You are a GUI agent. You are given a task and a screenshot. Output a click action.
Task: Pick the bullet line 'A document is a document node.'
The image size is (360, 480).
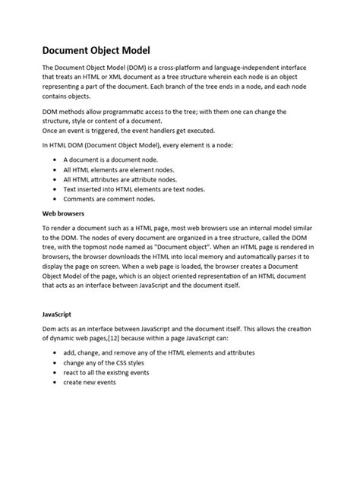click(111, 161)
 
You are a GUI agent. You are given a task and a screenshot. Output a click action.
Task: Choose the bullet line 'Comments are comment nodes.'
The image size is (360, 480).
click(109, 198)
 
